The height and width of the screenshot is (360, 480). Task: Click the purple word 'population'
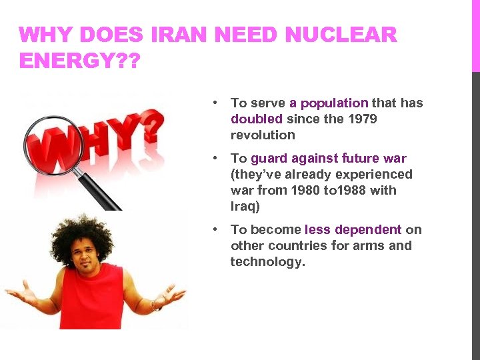[x=334, y=103]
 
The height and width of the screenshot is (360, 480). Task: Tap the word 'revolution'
[x=263, y=135]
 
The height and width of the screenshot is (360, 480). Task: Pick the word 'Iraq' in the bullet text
[x=245, y=207]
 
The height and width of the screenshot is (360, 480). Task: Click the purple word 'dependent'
[x=369, y=230]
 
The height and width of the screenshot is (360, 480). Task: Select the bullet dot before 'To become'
[x=215, y=229]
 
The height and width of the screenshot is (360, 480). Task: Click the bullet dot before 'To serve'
[x=215, y=103]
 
